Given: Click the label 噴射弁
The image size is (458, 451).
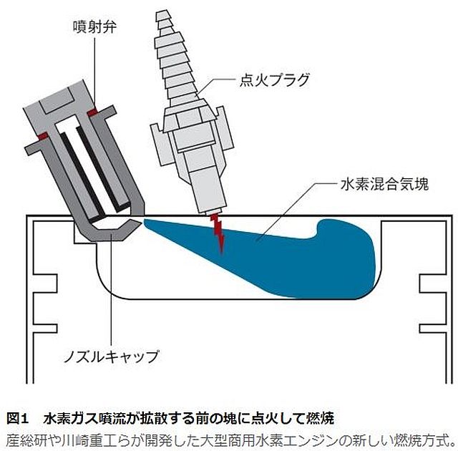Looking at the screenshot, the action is click(94, 27).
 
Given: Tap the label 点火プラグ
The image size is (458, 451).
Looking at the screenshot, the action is click(274, 80).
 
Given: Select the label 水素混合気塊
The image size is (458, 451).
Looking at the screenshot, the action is click(385, 184).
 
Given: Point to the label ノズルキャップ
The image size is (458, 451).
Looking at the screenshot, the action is click(112, 357).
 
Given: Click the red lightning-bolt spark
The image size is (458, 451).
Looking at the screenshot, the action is click(218, 233).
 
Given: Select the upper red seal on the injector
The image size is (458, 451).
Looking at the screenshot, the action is click(93, 112).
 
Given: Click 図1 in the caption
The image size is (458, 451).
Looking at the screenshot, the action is click(17, 418).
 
